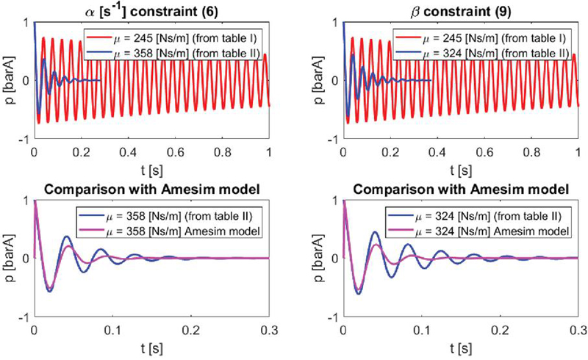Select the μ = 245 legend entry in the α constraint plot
point(173,38)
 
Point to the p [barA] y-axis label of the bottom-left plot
point(10,258)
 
